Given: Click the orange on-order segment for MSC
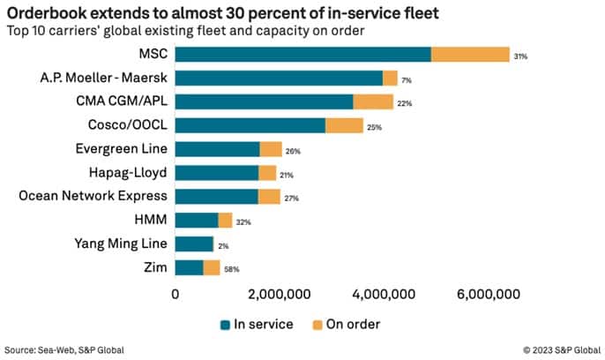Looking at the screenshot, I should (x=470, y=55).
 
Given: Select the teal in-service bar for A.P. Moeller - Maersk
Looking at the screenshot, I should (x=279, y=79).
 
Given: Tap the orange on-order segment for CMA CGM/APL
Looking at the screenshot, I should (x=373, y=102).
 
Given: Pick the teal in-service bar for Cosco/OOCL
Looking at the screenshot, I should (x=250, y=126).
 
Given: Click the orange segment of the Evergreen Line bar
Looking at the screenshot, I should (x=271, y=149).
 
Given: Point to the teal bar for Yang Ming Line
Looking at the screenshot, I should (x=194, y=244).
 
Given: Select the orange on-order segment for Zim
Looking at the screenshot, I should (x=212, y=267).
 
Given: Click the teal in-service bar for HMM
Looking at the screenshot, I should (x=197, y=221).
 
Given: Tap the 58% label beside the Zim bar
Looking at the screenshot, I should (x=231, y=268).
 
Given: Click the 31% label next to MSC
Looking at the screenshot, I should (x=520, y=56).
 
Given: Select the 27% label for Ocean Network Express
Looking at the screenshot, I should (x=291, y=198).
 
